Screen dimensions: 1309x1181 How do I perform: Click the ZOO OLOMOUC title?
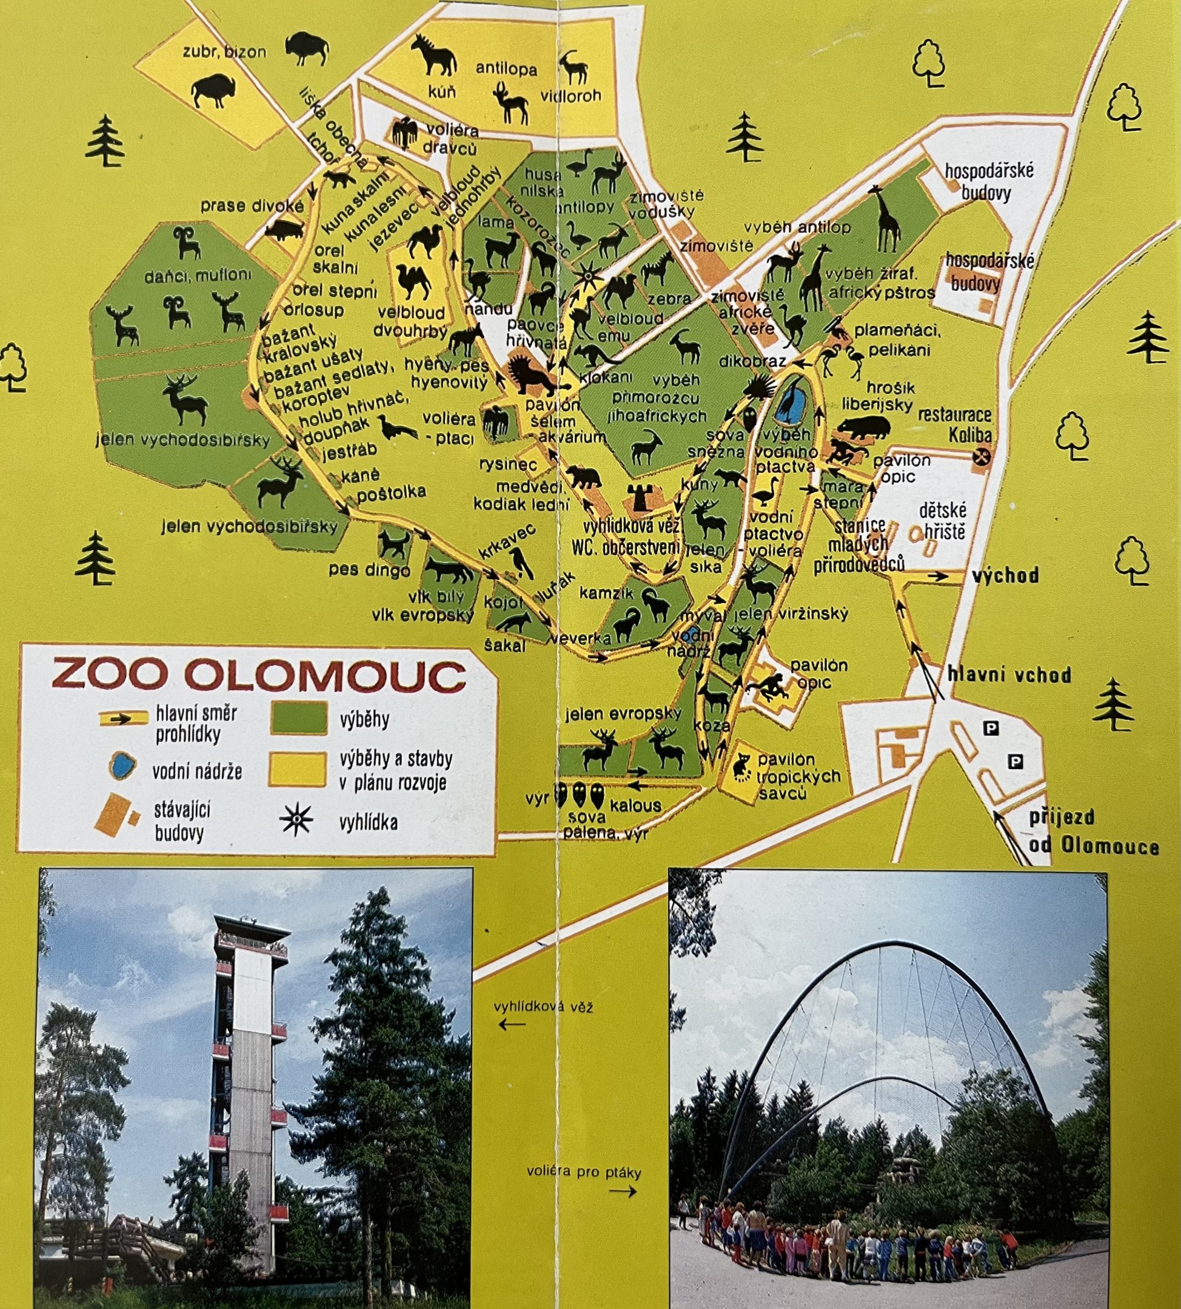coord(258,675)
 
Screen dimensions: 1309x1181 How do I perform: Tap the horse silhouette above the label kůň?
coord(433,56)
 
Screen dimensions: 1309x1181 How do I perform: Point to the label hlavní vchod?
coord(1008,675)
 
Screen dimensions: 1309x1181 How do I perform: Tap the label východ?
coord(1005,575)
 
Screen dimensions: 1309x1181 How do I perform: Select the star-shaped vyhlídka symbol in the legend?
coord(296,821)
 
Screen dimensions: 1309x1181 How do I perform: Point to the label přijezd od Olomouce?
coord(1094,831)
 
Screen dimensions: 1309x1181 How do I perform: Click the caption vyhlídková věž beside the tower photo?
coord(543,1007)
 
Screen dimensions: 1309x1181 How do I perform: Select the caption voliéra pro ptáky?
coord(583,1172)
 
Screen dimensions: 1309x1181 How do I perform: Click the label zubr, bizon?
coord(224,52)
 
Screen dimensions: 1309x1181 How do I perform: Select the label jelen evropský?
coord(623,714)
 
